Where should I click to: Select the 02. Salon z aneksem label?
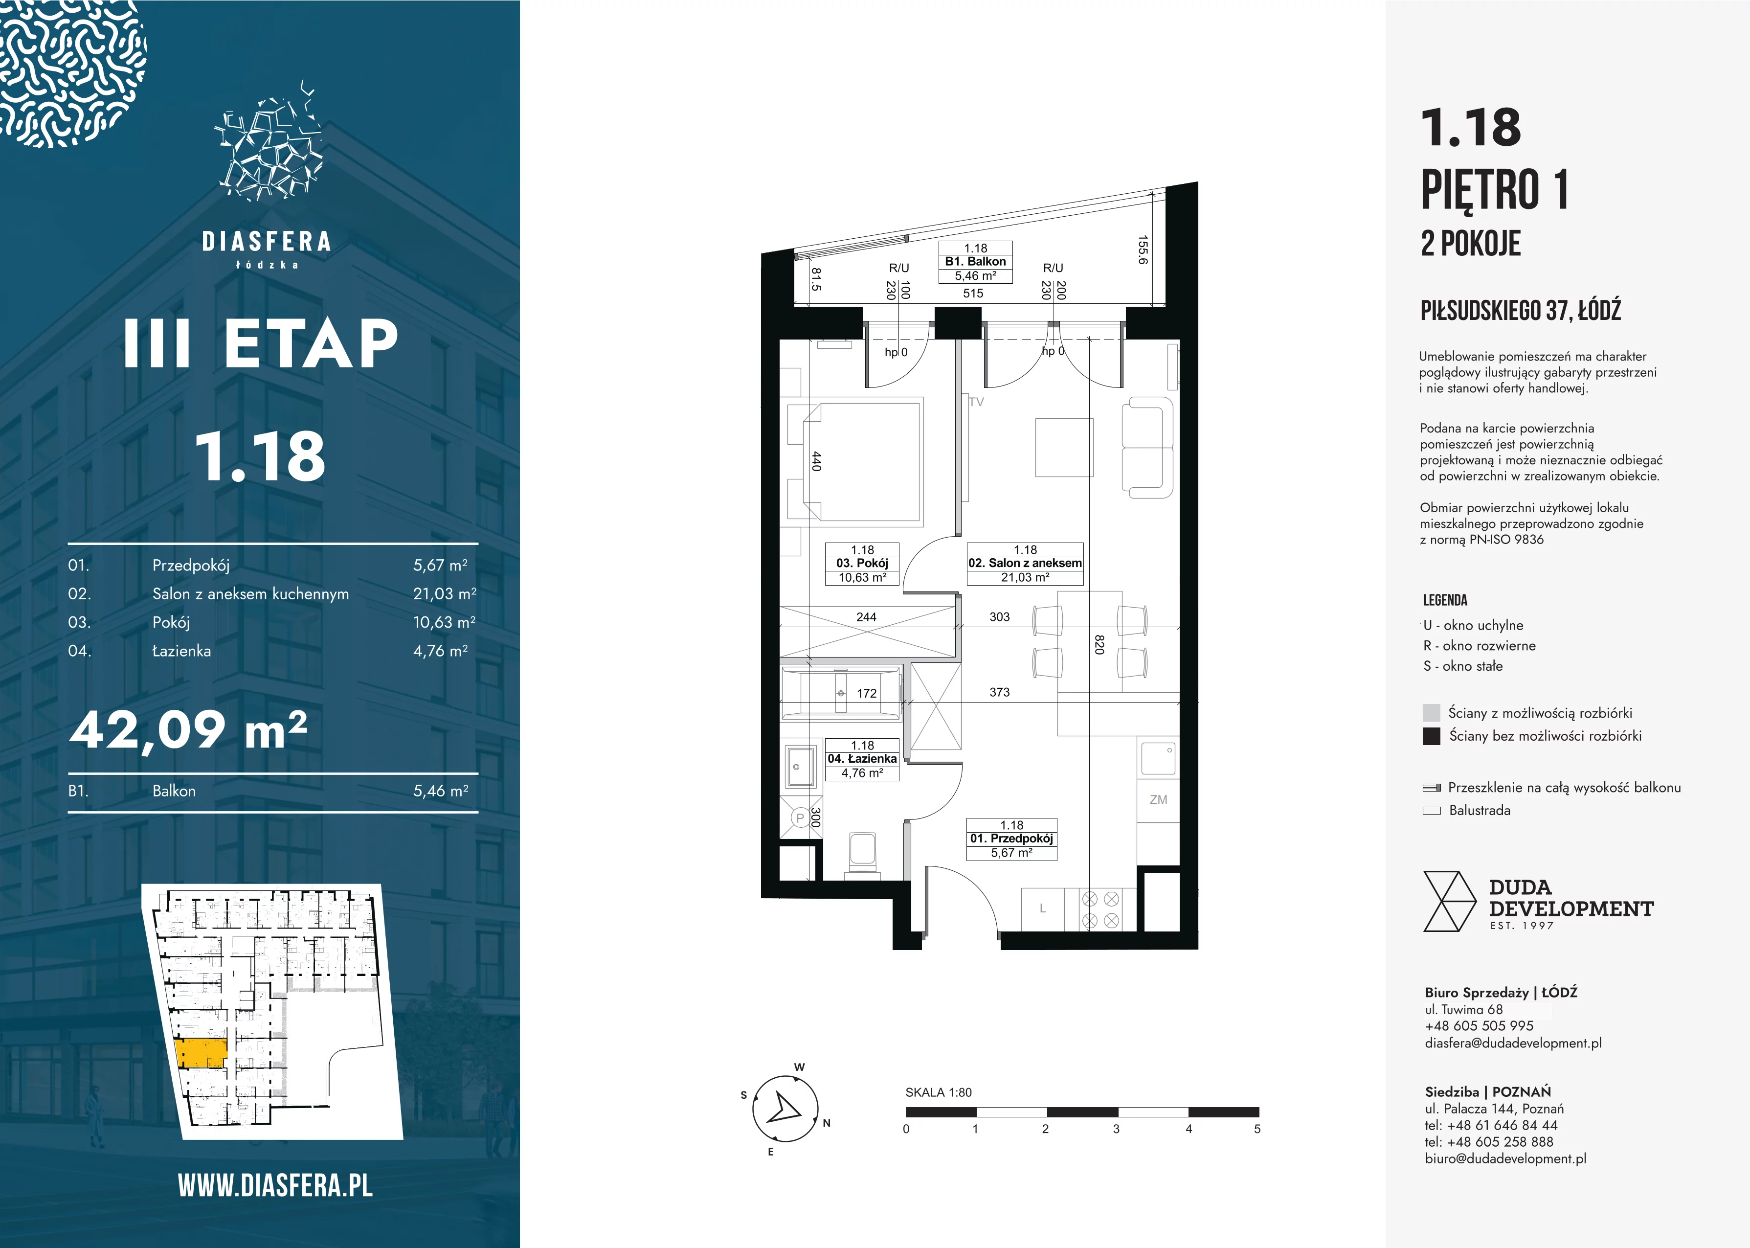1025,563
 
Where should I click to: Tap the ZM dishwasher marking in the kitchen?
1158,800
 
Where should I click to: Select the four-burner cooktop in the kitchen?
1100,909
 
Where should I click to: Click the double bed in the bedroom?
853,461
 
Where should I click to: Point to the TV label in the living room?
976,402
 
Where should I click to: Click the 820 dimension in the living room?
1099,644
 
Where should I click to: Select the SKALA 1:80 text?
938,1092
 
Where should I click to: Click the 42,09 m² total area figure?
189,730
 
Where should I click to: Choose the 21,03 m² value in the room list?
445,593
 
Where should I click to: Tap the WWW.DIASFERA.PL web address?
275,1186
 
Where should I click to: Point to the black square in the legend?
1431,736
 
